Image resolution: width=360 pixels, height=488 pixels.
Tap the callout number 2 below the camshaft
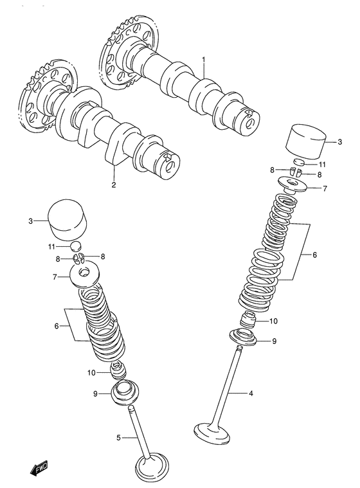pos(114,186)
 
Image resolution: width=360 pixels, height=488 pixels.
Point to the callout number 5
pos(118,438)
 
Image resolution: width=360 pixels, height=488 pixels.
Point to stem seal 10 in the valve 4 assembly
pos(248,319)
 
